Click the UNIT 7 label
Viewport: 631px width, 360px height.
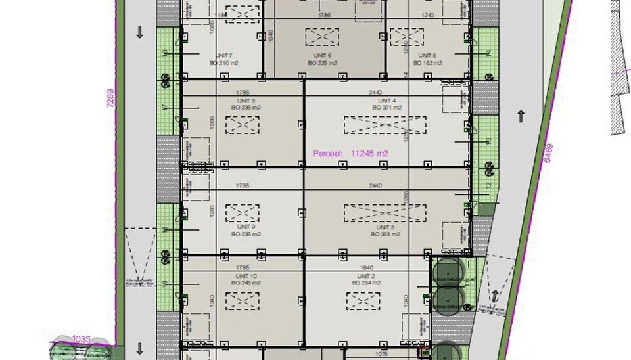coord(223,55)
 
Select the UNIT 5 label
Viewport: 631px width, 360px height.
coord(427,55)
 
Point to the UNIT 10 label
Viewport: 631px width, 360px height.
coord(244,276)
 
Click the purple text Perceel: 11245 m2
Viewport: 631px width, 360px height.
coord(350,154)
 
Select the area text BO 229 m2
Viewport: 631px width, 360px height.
coord(322,63)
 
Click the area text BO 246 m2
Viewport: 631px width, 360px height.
coord(244,282)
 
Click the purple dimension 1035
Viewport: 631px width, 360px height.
coord(81,339)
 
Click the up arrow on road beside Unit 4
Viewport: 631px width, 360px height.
coord(521,116)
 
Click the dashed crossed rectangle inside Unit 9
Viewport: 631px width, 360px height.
coord(243,213)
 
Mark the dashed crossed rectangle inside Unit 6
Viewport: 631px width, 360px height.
coord(322,37)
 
